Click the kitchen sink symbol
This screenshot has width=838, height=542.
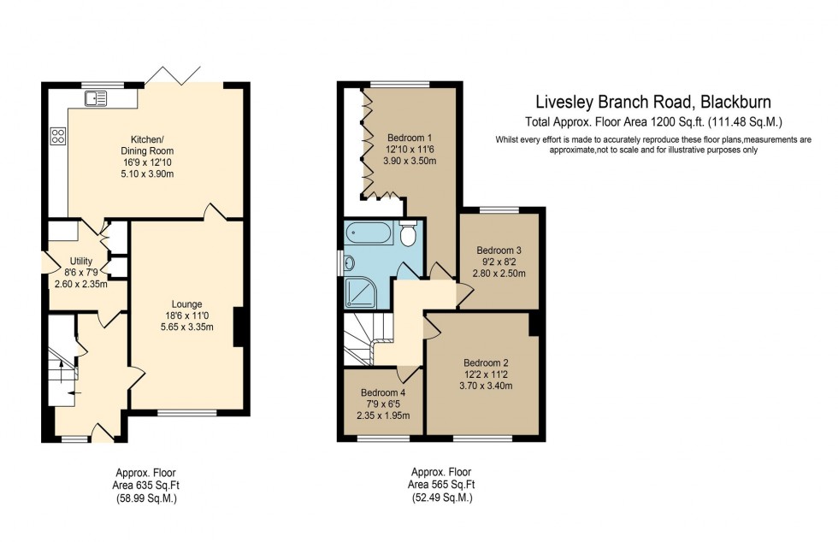point(96,98)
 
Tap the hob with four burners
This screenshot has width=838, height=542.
point(58,137)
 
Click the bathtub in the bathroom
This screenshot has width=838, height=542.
point(369,233)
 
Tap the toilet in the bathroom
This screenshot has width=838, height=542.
point(408,233)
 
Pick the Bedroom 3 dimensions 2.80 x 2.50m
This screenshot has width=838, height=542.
point(499,274)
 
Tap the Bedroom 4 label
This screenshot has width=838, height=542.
point(383,392)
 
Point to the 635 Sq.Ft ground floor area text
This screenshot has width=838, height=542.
point(159,485)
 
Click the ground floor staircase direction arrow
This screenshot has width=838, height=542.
point(70,394)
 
